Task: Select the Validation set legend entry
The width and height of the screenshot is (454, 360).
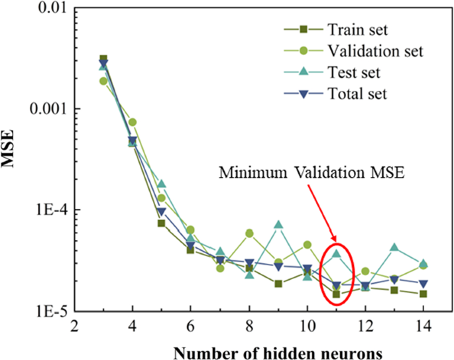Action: point(374,50)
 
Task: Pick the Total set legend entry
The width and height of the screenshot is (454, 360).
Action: point(357,93)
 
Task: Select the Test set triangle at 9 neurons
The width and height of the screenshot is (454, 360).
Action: point(278,225)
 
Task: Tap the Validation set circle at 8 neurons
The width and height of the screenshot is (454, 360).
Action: point(249,233)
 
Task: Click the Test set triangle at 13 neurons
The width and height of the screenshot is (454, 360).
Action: point(394,247)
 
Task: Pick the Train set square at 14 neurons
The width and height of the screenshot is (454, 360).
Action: point(424,294)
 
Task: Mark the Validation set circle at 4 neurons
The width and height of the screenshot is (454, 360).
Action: point(133,122)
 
